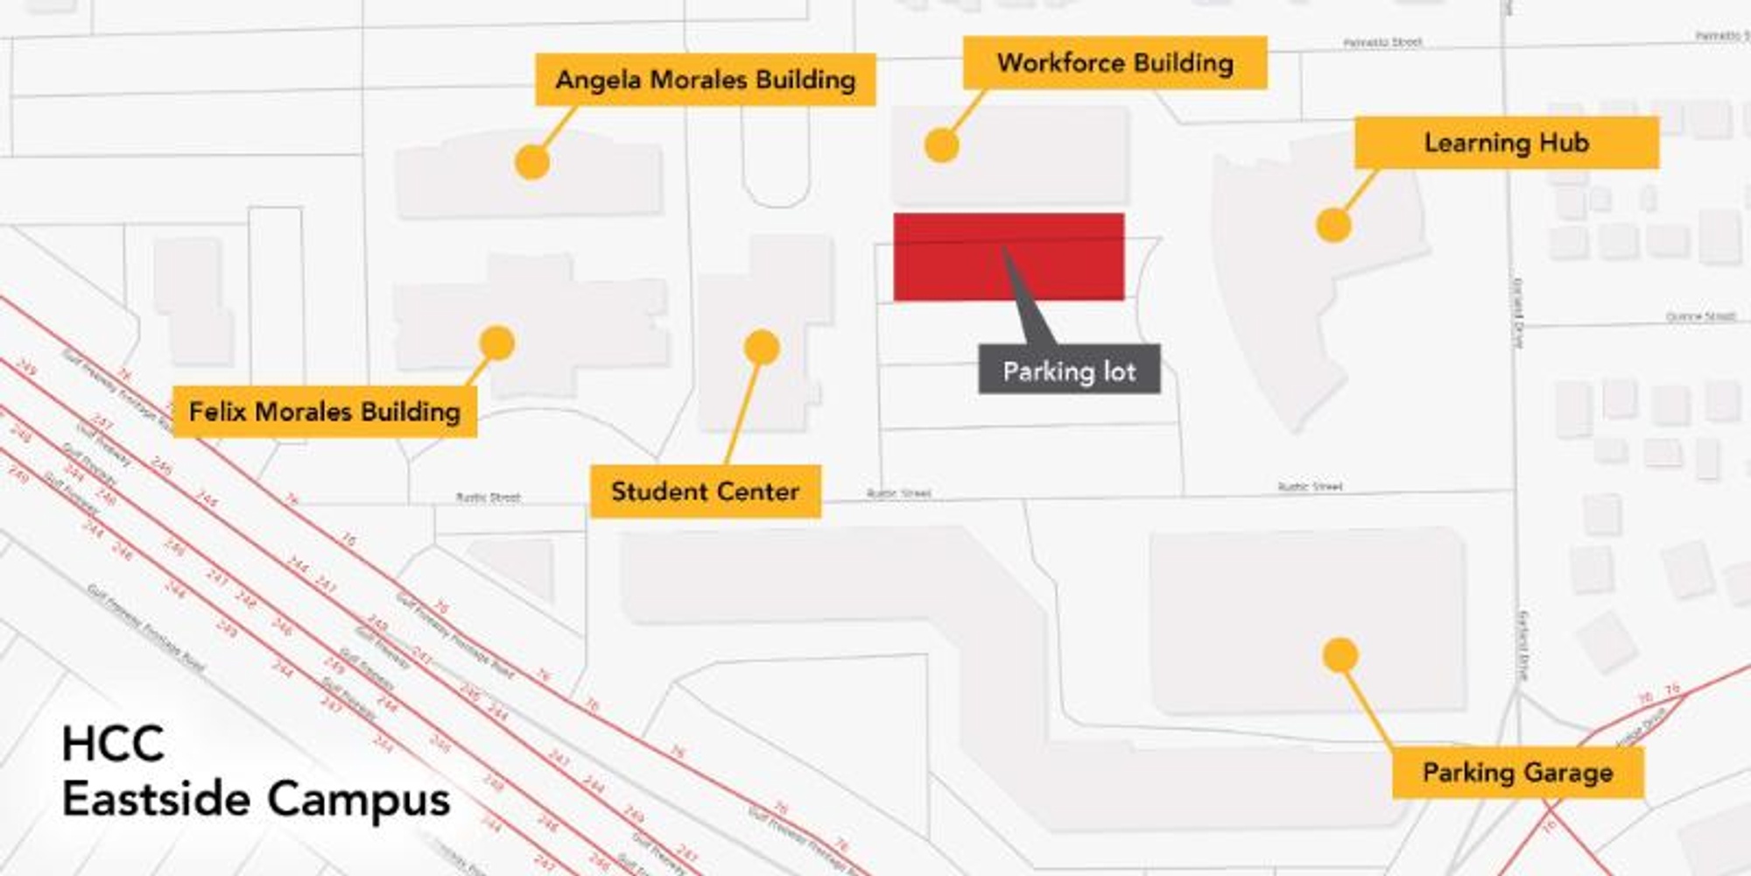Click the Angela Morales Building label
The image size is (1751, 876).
705,80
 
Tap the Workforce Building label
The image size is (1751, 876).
1115,62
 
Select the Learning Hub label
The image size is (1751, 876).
1506,142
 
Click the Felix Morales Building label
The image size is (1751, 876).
325,411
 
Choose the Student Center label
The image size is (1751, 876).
705,491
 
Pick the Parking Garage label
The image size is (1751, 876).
1517,772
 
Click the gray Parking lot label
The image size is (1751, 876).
1069,371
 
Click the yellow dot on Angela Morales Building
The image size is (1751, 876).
531,162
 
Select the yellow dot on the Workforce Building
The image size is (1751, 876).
941,145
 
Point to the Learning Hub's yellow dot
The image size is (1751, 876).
1333,225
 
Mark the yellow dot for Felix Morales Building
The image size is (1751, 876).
497,343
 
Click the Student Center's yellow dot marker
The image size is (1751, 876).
762,348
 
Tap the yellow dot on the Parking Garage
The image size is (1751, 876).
1340,655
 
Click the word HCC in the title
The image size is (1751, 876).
113,744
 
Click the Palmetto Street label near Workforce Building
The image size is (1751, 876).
1382,42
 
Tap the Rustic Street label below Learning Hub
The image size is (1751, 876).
1310,486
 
